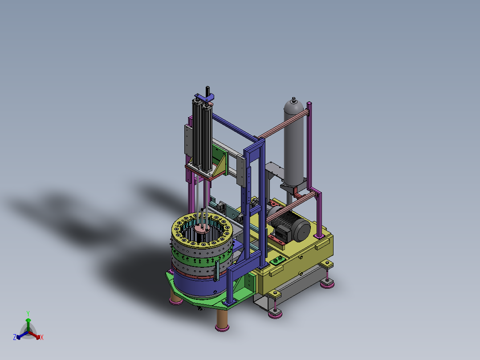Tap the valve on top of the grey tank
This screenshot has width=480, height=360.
pos(294,100)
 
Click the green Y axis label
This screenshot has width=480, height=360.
pos(28,314)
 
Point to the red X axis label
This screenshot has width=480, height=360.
pos(42,337)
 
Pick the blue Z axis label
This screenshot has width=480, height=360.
pos(14,337)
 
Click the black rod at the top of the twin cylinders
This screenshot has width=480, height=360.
pos(207,91)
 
